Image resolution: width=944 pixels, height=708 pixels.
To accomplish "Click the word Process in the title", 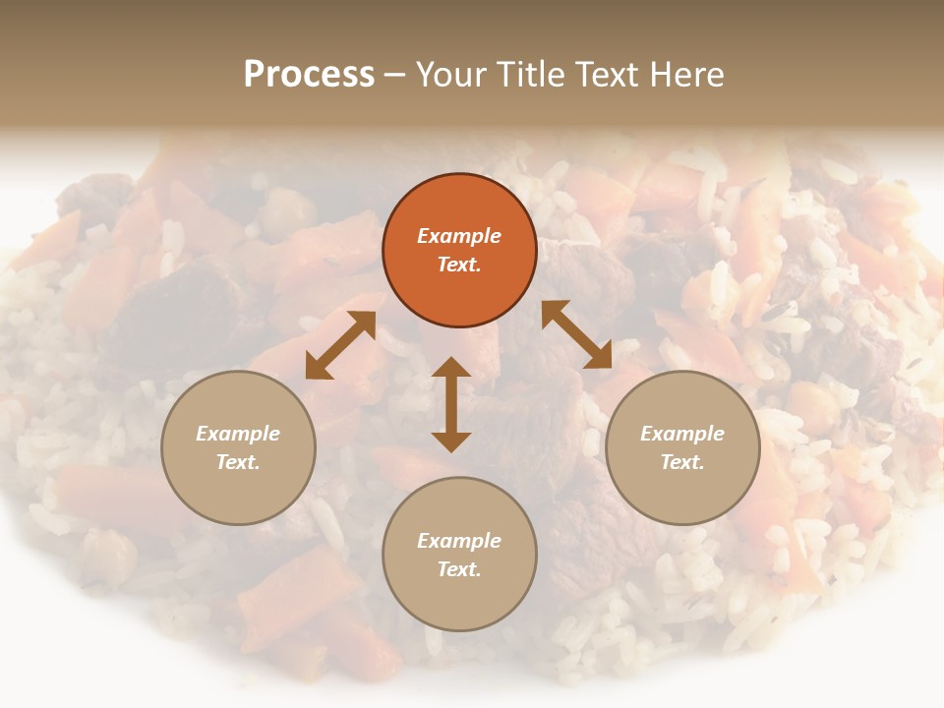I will [x=309, y=75].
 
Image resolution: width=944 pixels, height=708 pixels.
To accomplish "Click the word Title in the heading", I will [x=530, y=75].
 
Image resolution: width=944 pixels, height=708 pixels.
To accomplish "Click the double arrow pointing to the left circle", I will [x=340, y=345].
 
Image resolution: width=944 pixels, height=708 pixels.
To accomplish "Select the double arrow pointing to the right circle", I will [x=576, y=334].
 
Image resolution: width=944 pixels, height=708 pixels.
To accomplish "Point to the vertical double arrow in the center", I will [x=451, y=404].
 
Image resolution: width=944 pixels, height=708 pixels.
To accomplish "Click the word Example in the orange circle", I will [x=459, y=236].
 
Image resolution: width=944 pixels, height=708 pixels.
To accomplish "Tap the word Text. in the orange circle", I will [x=459, y=265].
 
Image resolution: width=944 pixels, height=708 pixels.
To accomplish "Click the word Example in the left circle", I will [x=238, y=434].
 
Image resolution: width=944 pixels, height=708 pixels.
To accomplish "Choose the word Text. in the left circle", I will [x=238, y=462].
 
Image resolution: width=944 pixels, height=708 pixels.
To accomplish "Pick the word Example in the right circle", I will [x=682, y=434].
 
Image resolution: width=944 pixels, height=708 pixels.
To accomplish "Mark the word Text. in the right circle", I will [x=682, y=462].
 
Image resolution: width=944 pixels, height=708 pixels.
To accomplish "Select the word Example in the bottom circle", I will [x=459, y=541].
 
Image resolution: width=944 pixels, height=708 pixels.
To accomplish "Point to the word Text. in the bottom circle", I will [x=459, y=569].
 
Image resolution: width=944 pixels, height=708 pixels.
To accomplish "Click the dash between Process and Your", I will [x=395, y=76].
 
